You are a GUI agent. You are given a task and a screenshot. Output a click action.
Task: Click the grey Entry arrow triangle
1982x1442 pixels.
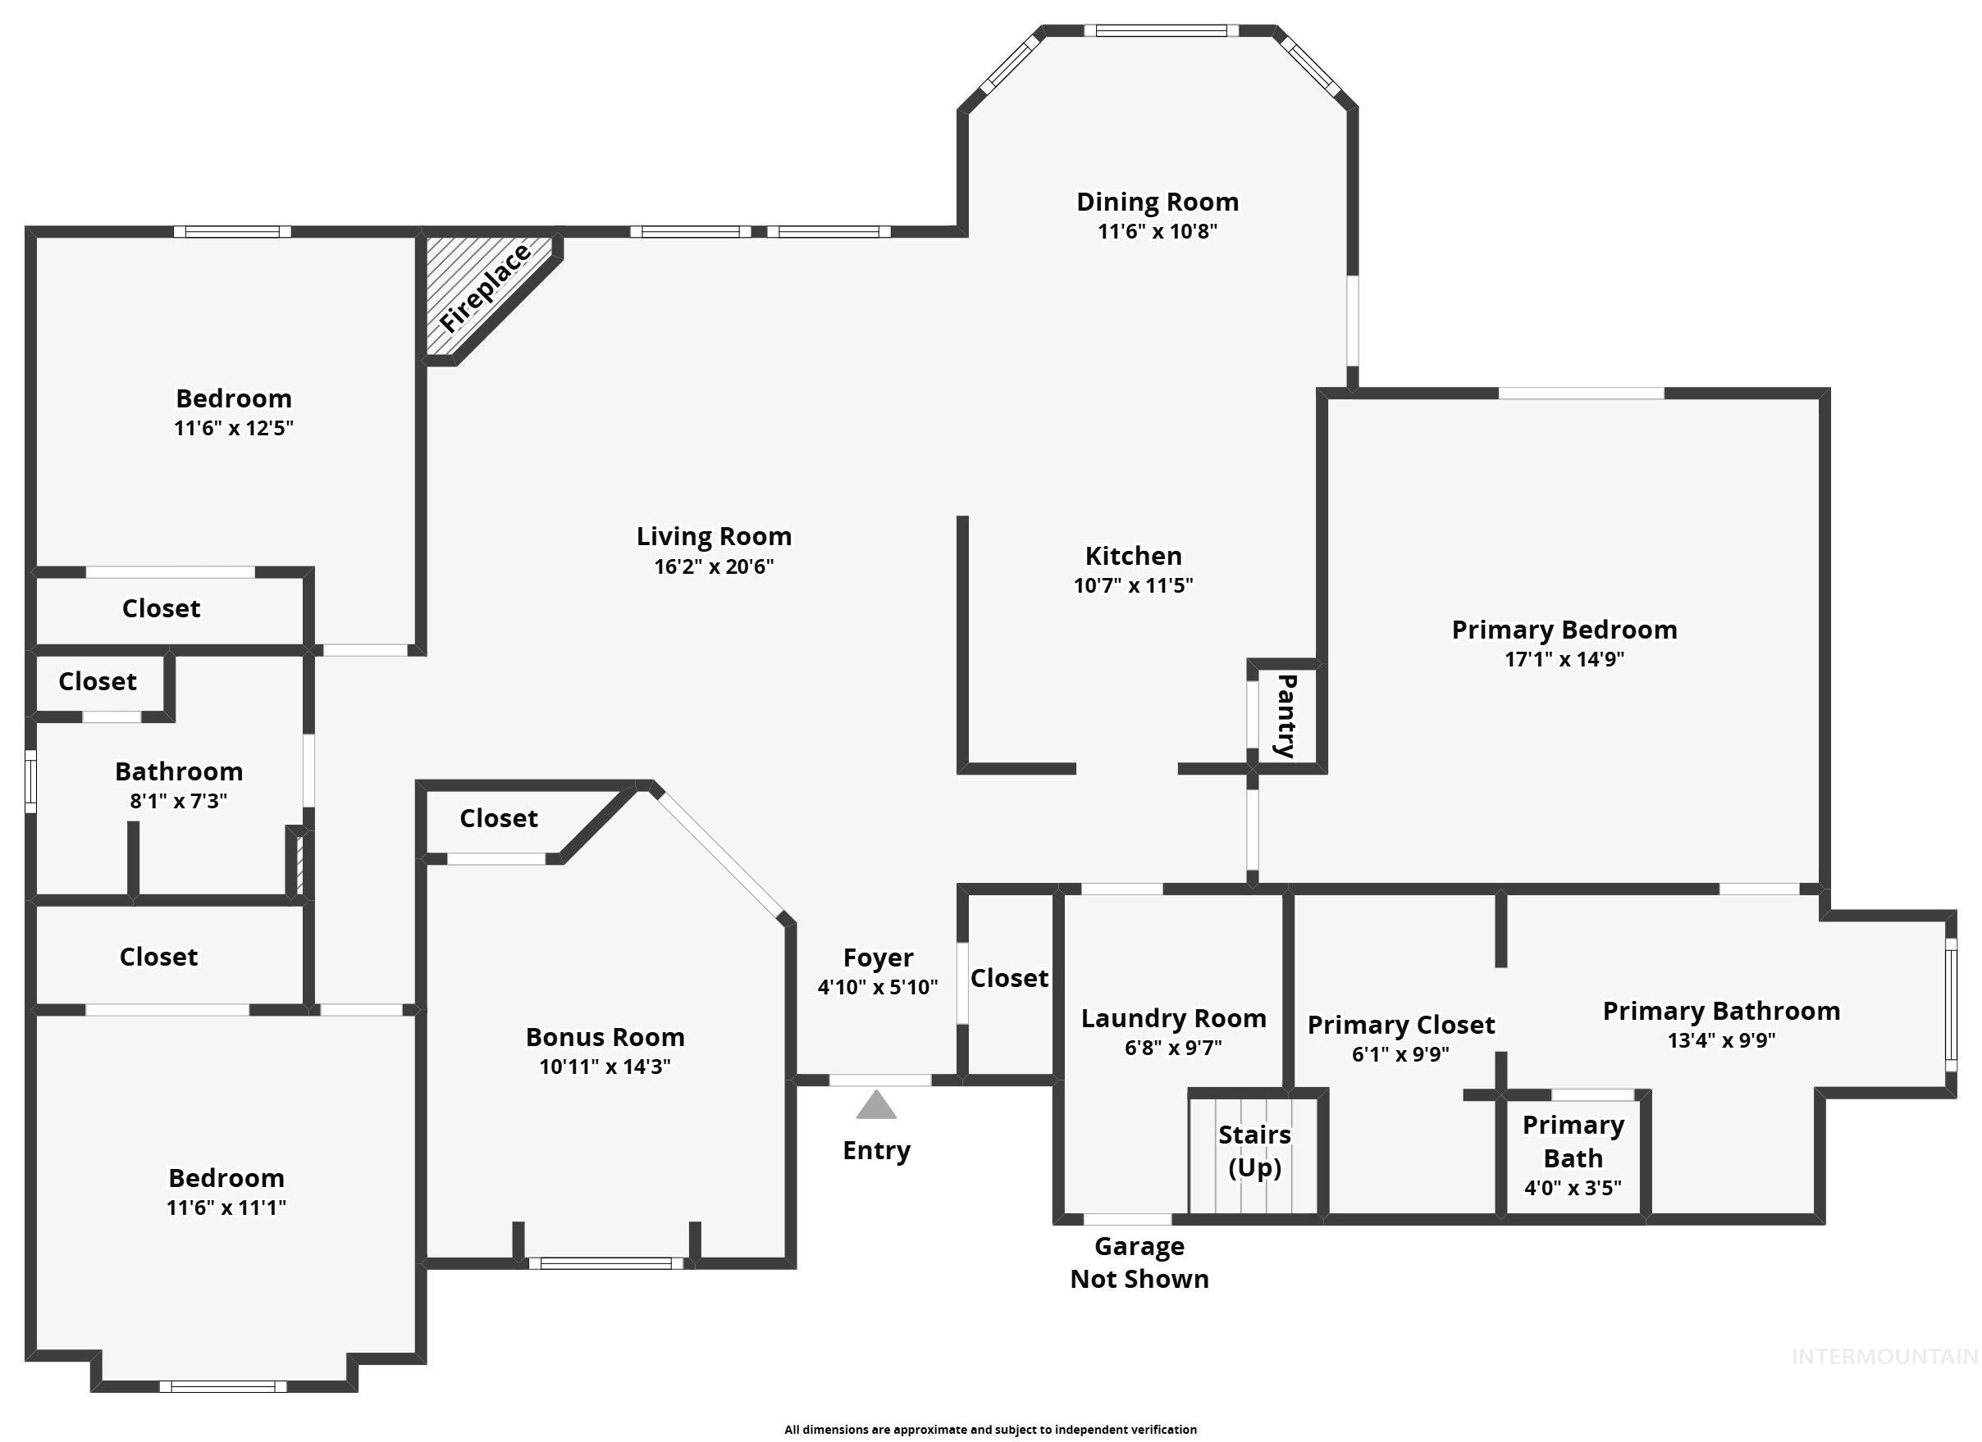(x=875, y=1106)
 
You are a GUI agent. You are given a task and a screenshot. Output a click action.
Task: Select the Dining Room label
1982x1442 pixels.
(x=1157, y=202)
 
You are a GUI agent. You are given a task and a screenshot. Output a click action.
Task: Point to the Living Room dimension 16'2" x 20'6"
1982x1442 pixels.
(x=714, y=566)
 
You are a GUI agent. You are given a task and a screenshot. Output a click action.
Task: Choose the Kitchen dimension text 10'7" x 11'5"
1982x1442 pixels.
(x=1134, y=585)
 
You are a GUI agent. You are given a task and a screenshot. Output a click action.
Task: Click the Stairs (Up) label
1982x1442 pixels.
(x=1254, y=1151)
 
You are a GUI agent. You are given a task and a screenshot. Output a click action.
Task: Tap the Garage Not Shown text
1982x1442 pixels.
(x=1139, y=1262)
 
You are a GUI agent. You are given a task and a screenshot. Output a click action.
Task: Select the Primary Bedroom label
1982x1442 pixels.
(x=1564, y=630)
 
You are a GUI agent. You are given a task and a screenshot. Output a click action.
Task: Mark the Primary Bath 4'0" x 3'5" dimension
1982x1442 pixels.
(x=1573, y=1188)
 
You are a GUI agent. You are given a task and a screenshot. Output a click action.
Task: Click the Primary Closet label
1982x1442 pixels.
(x=1401, y=1025)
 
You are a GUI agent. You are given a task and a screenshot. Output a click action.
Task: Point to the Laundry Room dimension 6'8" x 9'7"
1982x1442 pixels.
(x=1173, y=1047)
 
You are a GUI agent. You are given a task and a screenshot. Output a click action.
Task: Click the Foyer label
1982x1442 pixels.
(x=879, y=958)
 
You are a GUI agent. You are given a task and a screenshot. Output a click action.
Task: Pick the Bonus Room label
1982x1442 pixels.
(x=605, y=1037)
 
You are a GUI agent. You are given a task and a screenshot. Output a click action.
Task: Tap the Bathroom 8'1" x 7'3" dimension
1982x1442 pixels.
(x=178, y=801)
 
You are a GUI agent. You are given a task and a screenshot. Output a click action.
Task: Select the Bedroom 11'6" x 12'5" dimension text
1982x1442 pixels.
(x=233, y=428)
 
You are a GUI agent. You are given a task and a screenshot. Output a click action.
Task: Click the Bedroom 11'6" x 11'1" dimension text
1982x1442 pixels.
(x=226, y=1208)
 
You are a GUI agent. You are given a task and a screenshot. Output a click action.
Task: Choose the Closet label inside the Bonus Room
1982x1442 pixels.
(x=498, y=818)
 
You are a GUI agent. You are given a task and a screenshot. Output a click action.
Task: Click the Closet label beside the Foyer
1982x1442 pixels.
(x=1008, y=978)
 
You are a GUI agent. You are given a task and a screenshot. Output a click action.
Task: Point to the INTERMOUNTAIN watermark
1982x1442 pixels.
(x=1884, y=1357)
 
